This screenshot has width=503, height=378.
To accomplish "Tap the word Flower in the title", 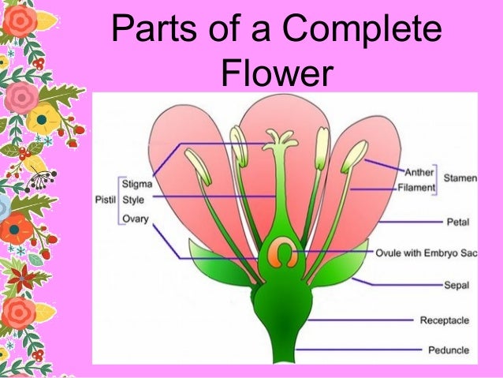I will click(273, 75).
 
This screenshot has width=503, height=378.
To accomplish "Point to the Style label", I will click(133, 200).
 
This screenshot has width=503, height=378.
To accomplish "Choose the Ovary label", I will click(136, 218).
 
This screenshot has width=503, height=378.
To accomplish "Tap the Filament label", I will click(416, 189).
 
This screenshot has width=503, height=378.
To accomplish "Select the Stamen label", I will click(460, 179).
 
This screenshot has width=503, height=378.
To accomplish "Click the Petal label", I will click(458, 223).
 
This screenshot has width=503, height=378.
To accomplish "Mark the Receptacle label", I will click(445, 320).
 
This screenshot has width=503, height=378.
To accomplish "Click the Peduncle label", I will click(448, 350).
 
